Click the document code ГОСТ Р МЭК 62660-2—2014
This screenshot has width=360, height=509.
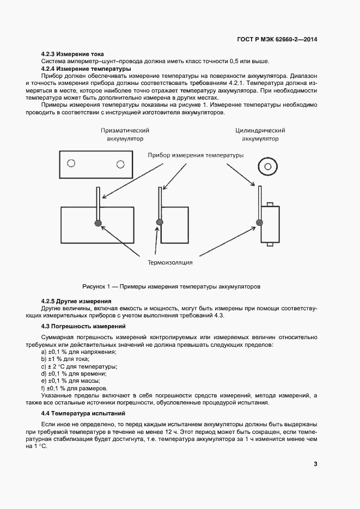click(x=277, y=39)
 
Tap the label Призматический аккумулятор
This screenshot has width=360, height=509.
click(x=125, y=134)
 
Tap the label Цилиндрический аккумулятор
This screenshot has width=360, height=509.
click(x=260, y=134)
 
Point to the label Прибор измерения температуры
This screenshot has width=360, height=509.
click(x=196, y=155)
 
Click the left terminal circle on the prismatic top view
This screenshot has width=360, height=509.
click(x=70, y=164)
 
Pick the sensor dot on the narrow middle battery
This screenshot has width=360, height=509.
click(x=160, y=222)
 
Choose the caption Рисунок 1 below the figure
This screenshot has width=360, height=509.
click(x=172, y=286)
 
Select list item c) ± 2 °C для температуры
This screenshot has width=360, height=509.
click(x=79, y=366)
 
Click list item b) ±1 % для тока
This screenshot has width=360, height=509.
click(x=65, y=359)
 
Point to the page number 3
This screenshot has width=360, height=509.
click(x=315, y=464)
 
